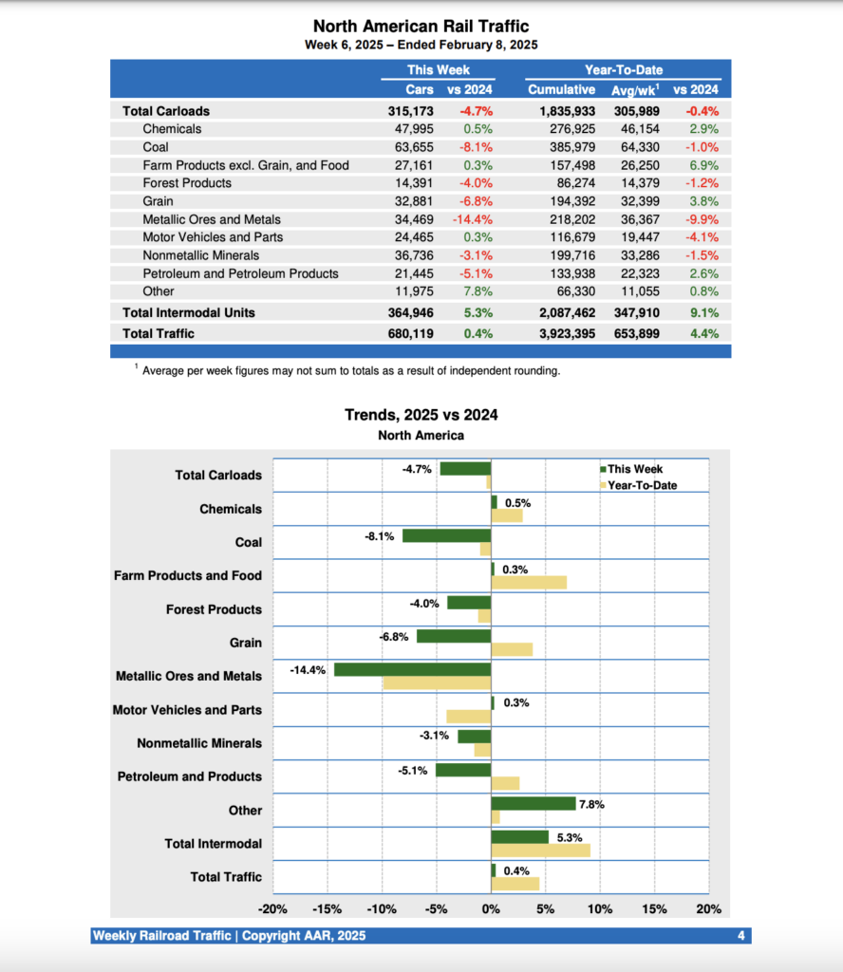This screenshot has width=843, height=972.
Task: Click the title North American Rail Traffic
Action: click(421, 27)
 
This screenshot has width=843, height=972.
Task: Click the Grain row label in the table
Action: click(159, 201)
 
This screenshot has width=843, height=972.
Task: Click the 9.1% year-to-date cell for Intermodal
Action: click(703, 312)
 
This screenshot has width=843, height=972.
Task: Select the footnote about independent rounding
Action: click(350, 371)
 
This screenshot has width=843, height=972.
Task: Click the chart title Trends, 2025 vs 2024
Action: click(421, 415)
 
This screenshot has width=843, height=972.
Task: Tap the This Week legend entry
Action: click(635, 469)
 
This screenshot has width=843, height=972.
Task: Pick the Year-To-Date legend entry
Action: click(642, 485)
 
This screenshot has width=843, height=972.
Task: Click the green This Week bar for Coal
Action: click(446, 536)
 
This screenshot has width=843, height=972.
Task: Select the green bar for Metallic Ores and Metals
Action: click(412, 670)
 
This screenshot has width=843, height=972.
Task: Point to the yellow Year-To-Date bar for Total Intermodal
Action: click(540, 850)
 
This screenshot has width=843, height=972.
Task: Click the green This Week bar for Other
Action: click(534, 804)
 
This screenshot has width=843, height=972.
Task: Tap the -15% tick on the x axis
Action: click(328, 908)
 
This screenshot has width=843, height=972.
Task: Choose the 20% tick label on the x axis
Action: click(708, 908)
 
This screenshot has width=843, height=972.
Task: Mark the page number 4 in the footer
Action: click(740, 936)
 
